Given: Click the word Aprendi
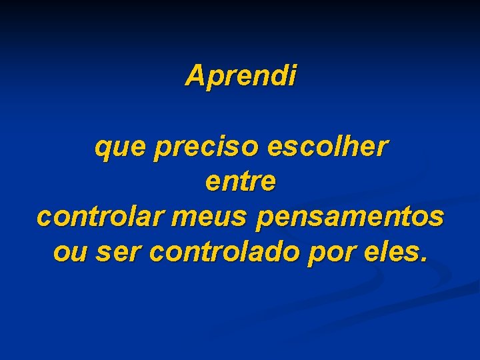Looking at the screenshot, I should [x=241, y=76].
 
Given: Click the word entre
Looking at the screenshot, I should [x=241, y=182].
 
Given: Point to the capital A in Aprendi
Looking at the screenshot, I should [x=195, y=75].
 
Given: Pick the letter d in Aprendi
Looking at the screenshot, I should [x=279, y=75].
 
